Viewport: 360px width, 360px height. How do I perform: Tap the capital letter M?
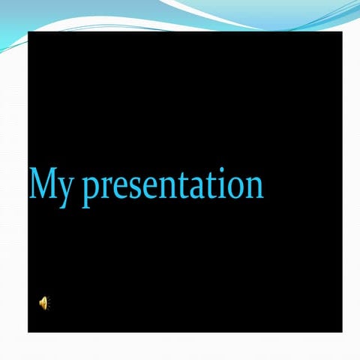pyautogui.click(x=42, y=184)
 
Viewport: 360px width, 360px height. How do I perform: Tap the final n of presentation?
pyautogui.click(x=250, y=187)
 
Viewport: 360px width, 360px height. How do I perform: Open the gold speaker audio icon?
pyautogui.click(x=43, y=302)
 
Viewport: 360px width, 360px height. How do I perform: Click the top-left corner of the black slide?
pyautogui.click(x=28, y=33)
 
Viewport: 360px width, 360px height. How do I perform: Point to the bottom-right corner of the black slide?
pyautogui.click(x=342, y=331)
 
